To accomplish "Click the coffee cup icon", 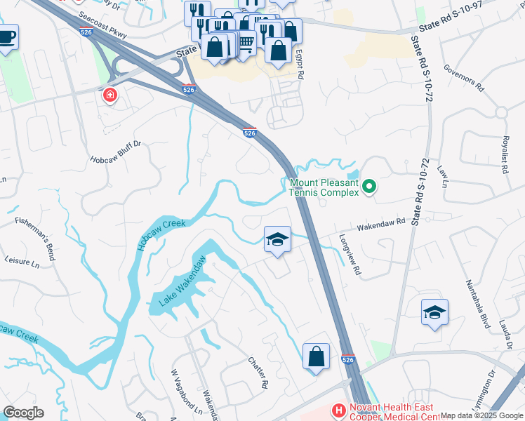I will coord(6,36).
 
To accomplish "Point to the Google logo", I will coord(23,413).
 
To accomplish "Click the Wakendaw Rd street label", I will coord(382,225).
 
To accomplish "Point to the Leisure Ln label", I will coord(22,262).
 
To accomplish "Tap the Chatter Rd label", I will coord(258,373).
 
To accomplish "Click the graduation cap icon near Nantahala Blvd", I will coord(434,313).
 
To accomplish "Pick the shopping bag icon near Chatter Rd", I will coord(316,356).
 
